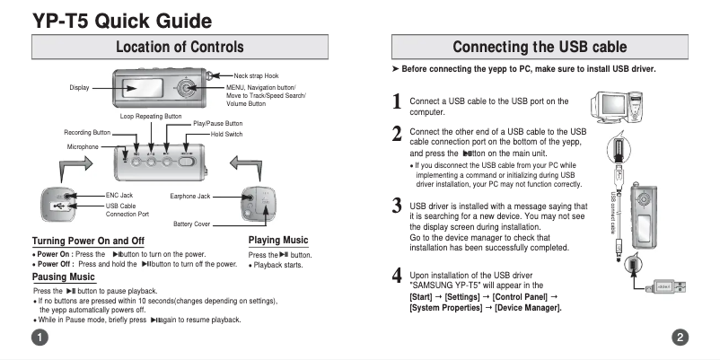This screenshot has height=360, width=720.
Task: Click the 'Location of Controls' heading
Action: pos(180,47)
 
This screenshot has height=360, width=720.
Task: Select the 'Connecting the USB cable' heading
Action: pos(540,47)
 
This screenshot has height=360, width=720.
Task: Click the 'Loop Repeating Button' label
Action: pos(150,116)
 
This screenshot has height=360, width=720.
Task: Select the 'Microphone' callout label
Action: pos(83,145)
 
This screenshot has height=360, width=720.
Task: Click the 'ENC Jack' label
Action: pos(119,195)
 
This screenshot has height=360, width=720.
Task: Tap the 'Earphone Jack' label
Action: pos(189,195)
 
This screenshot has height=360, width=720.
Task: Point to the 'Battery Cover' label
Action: pos(191,223)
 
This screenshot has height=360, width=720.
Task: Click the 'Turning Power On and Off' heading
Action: pos(88,241)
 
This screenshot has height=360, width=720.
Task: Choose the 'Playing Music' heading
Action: pos(277,240)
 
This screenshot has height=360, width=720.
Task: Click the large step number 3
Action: pos(397,206)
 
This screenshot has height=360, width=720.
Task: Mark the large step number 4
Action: pos(397,275)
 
